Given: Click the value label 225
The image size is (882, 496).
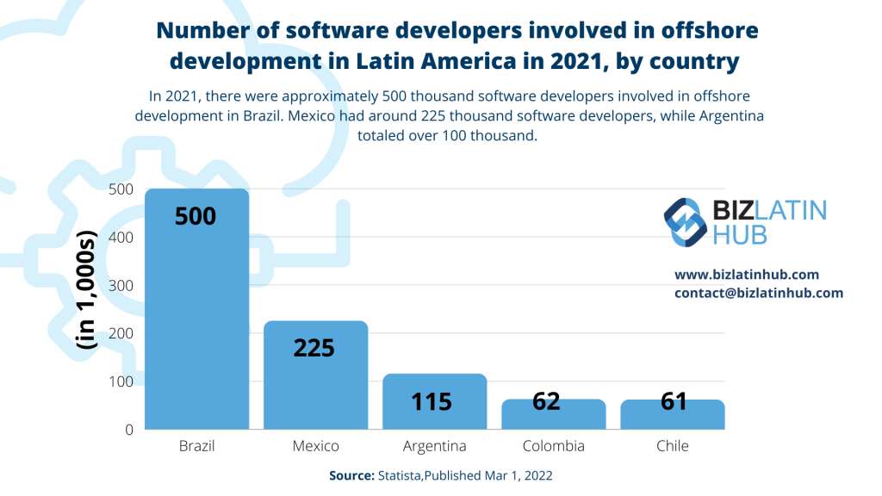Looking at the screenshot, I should point(314,348).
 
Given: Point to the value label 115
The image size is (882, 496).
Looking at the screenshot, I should point(432,401).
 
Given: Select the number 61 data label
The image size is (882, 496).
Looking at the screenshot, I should point(673,401).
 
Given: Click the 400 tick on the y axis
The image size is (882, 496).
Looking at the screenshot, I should point(121,238).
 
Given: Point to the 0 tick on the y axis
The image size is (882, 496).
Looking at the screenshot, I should point(128,429).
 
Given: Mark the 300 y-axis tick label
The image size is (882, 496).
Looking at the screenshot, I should point(121,285).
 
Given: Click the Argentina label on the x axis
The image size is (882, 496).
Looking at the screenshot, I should point(434,446).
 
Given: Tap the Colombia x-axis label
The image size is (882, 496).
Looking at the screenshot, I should point(553,446).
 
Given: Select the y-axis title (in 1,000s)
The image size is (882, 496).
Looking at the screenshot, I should point(87,288).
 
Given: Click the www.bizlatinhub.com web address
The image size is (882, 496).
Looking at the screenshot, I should point(746,275).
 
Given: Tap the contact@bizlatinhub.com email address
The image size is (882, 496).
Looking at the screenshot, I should point(758,293).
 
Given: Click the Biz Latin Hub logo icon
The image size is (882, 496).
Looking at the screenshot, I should point(686,221).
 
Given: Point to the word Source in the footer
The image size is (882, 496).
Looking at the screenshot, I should point(350,475).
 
